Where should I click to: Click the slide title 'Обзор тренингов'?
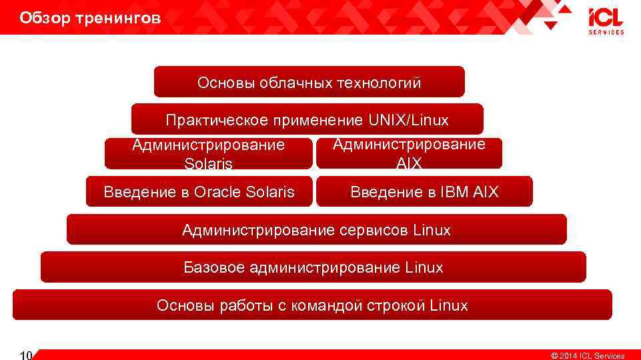coord(90,18)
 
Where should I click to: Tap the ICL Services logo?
coord(606,21)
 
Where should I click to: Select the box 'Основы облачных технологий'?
coord(309,83)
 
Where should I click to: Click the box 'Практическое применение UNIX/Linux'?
coord(307,120)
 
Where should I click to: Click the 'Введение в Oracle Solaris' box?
coord(199,192)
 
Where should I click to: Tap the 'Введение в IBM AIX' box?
coord(424,192)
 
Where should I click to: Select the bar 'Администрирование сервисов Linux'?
coord(316,230)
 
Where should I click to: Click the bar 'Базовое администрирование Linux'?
coord(313,267)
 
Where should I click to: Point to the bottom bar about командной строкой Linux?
coord(312,305)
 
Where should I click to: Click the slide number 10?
coord(27,354)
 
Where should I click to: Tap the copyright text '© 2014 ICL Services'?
coord(587,355)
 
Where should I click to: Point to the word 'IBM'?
coord(455,192)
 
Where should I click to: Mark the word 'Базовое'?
coord(214,267)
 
